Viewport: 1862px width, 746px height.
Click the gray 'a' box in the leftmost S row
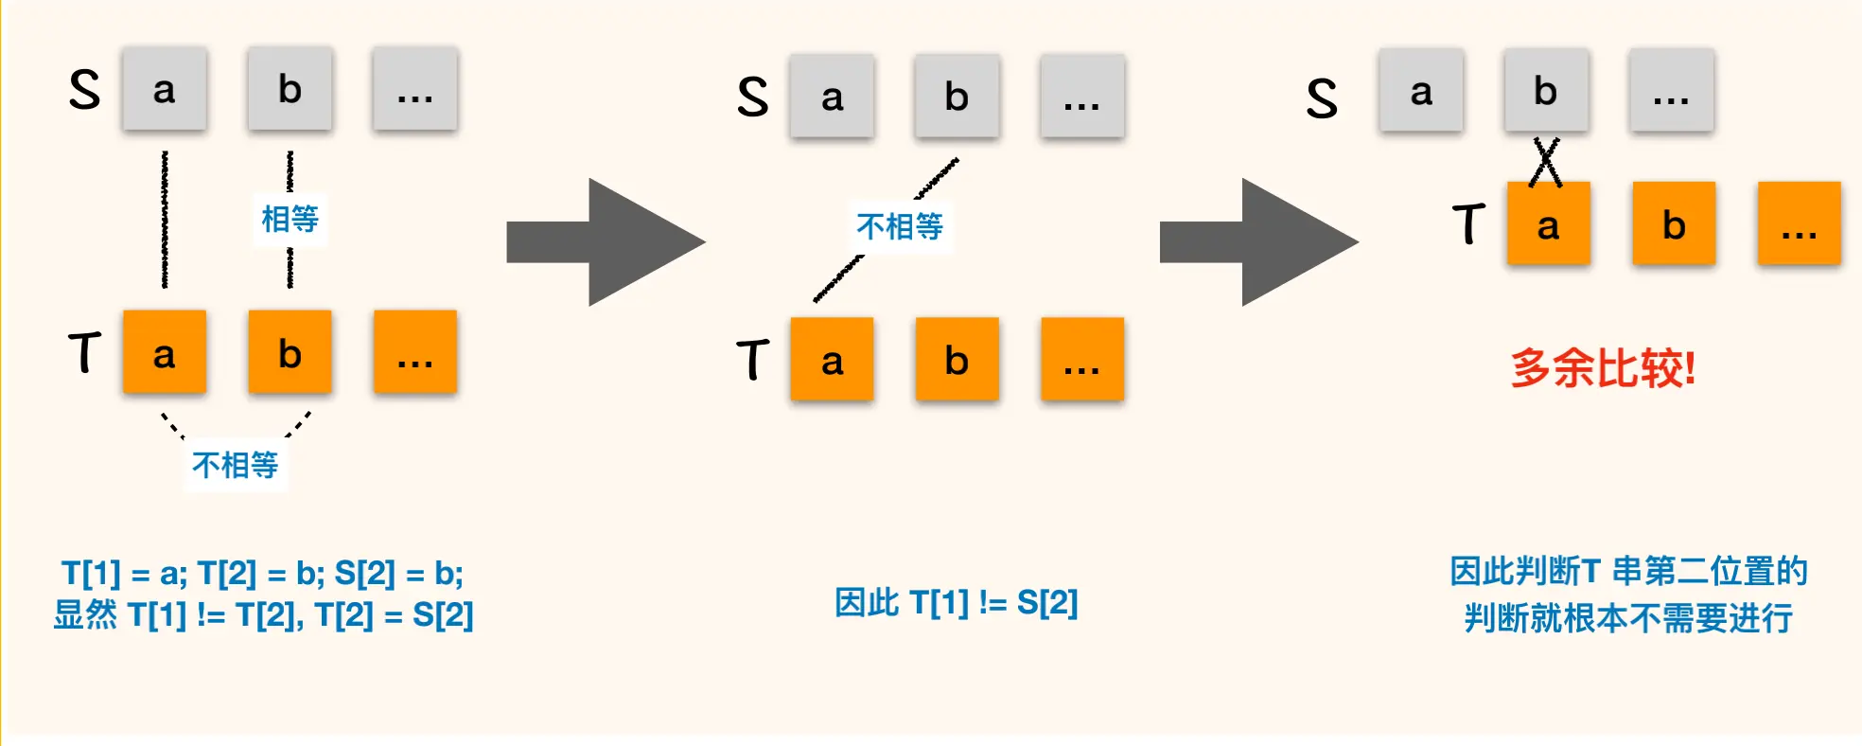click(164, 89)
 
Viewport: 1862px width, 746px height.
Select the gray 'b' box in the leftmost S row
click(290, 89)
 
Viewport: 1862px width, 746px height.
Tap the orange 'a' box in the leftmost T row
click(164, 352)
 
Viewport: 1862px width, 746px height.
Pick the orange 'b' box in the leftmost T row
click(290, 352)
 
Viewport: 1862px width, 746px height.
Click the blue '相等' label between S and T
click(290, 220)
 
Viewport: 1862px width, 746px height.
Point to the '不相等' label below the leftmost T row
click(235, 465)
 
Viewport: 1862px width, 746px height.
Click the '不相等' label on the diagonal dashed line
click(900, 226)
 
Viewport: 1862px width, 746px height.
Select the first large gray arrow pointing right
click(606, 242)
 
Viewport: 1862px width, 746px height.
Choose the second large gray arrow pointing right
click(1258, 242)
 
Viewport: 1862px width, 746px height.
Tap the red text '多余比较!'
click(1603, 368)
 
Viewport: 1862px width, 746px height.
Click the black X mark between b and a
click(1545, 162)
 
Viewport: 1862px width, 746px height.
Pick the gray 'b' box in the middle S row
click(957, 97)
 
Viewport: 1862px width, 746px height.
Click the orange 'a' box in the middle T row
click(832, 360)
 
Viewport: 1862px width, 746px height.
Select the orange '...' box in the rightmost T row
click(1799, 224)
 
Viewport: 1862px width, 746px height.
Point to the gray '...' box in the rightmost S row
click(1671, 91)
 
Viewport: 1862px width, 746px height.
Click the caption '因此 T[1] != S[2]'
click(956, 602)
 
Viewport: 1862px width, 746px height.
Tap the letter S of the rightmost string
click(1322, 98)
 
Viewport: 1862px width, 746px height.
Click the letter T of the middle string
click(753, 360)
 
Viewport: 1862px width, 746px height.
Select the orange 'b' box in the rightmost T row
click(1673, 224)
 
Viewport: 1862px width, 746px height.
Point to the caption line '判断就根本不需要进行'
click(1627, 618)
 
